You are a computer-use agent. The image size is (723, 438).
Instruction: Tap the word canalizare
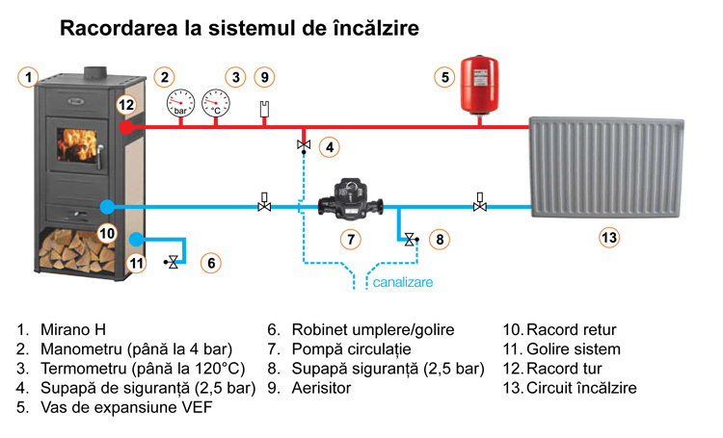[x=403, y=283]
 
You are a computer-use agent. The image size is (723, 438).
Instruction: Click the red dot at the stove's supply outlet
[x=125, y=126]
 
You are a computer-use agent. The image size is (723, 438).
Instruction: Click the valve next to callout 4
[x=305, y=146]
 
